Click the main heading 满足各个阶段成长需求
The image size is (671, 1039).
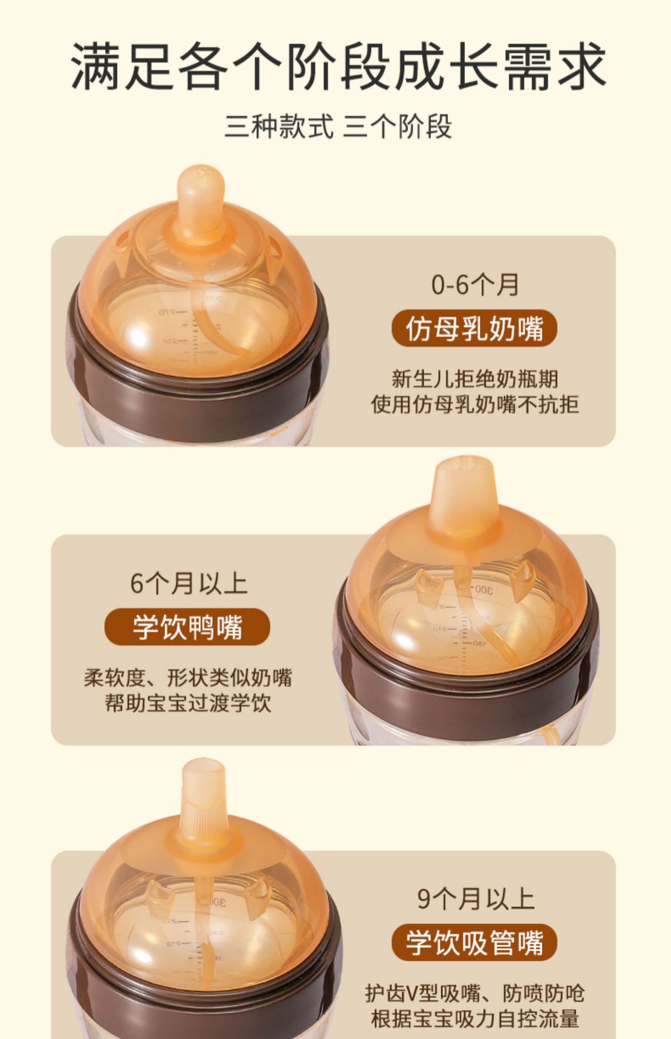click(x=339, y=67)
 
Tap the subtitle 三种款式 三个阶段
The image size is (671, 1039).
click(x=338, y=127)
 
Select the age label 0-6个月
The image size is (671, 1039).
click(x=475, y=285)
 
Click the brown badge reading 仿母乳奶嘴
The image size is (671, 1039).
click(x=474, y=328)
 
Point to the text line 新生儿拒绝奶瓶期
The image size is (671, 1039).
click(x=475, y=379)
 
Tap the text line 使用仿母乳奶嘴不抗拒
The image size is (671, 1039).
click(x=475, y=404)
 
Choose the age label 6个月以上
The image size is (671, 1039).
click(x=188, y=583)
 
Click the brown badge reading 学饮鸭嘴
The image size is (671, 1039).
click(x=187, y=627)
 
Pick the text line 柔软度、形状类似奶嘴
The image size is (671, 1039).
click(x=187, y=678)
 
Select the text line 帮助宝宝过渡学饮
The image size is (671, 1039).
click(x=187, y=703)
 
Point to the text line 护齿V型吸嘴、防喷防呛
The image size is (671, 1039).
click(x=475, y=994)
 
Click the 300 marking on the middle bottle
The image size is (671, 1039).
click(x=482, y=589)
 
